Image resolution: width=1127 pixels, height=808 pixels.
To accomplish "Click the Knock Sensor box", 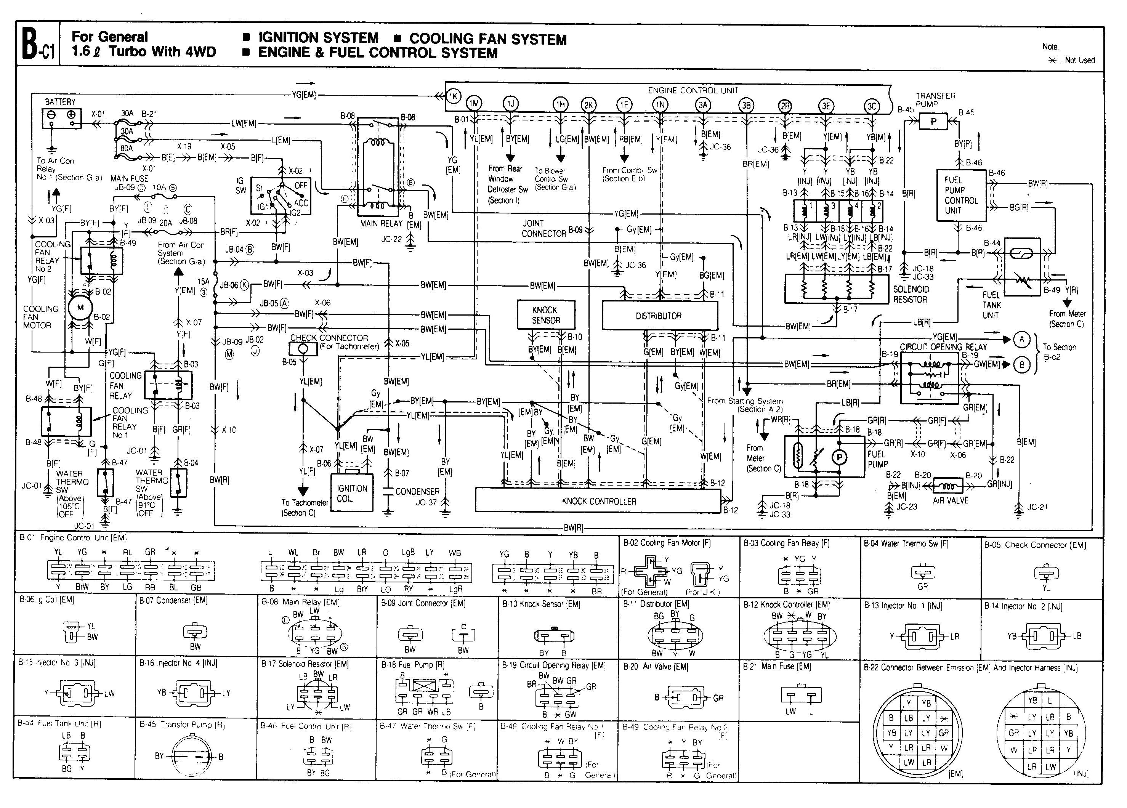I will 546,314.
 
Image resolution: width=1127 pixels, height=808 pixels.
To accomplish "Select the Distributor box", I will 659,316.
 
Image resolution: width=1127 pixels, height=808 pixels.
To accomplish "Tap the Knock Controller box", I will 598,501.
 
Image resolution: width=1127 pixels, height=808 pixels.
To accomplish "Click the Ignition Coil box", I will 352,492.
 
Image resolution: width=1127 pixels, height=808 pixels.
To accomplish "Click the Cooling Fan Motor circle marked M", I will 80,307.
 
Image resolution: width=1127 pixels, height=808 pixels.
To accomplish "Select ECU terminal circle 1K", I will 453,96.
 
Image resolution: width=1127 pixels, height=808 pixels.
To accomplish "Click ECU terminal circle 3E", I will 826,106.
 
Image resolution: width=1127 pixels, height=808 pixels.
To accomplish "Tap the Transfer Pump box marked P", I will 933,121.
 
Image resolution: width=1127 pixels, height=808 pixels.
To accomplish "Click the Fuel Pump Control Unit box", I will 960,195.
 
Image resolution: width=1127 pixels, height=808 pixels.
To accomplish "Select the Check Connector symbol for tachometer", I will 304,348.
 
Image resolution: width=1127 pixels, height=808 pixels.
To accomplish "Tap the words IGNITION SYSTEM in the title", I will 318,38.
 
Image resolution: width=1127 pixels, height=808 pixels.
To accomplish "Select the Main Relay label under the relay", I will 381,224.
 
